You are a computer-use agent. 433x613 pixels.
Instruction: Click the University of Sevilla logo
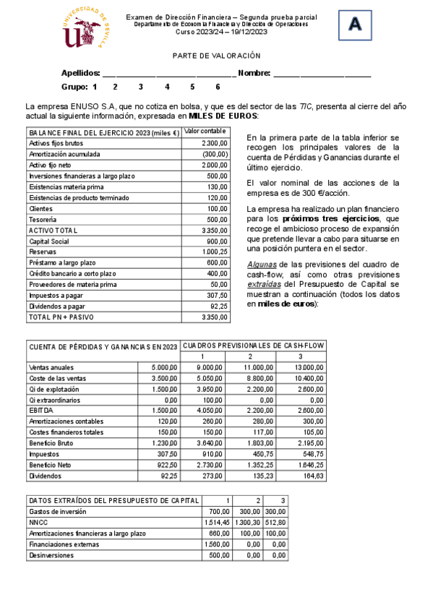click(86, 31)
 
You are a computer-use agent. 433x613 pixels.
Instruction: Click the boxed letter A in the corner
click(355, 25)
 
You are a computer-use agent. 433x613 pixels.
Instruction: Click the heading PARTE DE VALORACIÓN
click(216, 56)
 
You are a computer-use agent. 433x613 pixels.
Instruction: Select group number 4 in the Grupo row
click(167, 87)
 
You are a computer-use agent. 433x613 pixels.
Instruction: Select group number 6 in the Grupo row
click(218, 87)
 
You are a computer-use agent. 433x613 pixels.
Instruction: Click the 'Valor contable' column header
click(205, 132)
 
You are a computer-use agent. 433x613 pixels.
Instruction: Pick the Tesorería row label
click(45, 220)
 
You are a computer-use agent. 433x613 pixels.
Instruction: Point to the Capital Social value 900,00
click(217, 241)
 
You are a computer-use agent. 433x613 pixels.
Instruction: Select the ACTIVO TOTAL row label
click(53, 231)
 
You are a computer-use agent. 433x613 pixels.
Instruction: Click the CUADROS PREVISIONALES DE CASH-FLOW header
click(252, 346)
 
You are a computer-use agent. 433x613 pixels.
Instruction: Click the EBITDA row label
click(42, 411)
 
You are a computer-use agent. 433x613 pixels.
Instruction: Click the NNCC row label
click(38, 522)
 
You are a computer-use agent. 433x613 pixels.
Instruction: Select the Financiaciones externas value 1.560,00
click(217, 544)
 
